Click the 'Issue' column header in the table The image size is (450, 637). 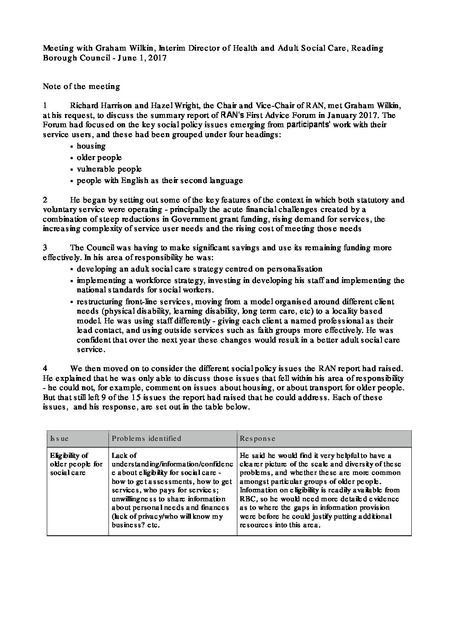pos(59,438)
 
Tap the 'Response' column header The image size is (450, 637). pos(257,438)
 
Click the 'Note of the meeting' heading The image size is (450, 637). pos(81,86)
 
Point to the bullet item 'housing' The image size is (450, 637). pos(91,146)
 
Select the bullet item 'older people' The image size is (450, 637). pos(99,157)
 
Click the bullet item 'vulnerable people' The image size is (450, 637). pos(109,169)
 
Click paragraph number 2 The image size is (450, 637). pos(45,200)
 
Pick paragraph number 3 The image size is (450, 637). pos(45,247)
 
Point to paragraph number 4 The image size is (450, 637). pos(45,368)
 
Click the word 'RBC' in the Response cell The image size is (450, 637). pos(248,499)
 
